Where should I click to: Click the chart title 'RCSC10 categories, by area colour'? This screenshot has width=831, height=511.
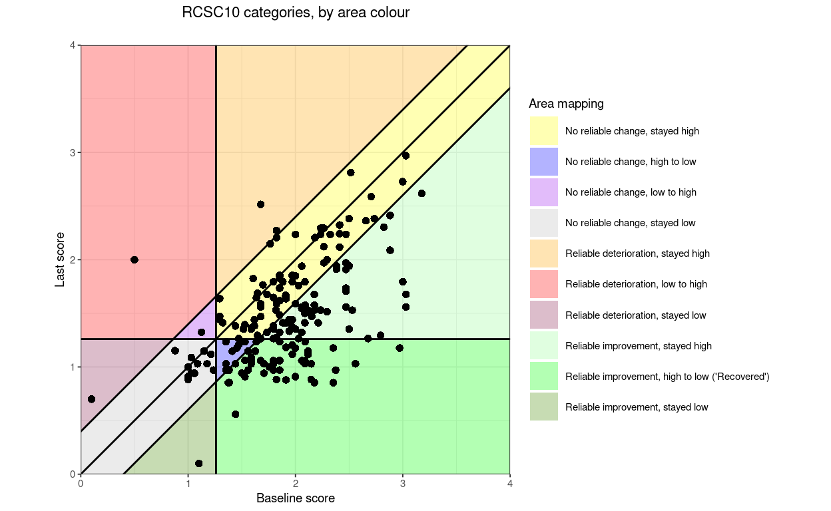pos(296,13)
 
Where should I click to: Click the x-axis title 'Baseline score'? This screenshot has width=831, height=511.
pos(295,498)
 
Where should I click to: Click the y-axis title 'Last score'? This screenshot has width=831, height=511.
pos(60,259)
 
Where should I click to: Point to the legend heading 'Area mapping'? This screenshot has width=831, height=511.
pos(566,104)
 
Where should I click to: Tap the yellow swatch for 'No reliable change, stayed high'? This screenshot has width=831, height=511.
pos(543,131)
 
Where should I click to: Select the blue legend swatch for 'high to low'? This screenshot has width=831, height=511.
pos(543,162)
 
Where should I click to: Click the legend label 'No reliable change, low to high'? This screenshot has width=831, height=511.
pos(631,192)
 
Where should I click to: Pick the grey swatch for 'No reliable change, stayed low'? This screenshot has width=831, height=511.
pos(543,223)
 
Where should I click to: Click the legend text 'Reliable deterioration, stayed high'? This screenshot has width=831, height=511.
pos(637,254)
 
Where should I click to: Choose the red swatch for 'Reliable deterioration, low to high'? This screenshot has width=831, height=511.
pos(543,284)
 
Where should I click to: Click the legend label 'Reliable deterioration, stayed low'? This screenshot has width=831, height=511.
pos(635,315)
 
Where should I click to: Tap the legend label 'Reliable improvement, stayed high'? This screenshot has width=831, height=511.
pos(638,346)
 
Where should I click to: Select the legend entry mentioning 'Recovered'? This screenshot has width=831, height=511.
pos(667,377)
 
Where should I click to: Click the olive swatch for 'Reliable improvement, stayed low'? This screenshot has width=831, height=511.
pos(543,407)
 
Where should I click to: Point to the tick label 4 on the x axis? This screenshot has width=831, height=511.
pos(510,484)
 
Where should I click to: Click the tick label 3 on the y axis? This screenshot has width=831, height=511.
pos(72,152)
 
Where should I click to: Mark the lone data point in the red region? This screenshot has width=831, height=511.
pos(135,259)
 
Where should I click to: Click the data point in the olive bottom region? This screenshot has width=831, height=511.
pos(198,463)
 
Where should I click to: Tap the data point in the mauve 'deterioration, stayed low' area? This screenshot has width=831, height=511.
pos(91,399)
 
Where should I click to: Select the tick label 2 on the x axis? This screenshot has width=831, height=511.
pos(295,484)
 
